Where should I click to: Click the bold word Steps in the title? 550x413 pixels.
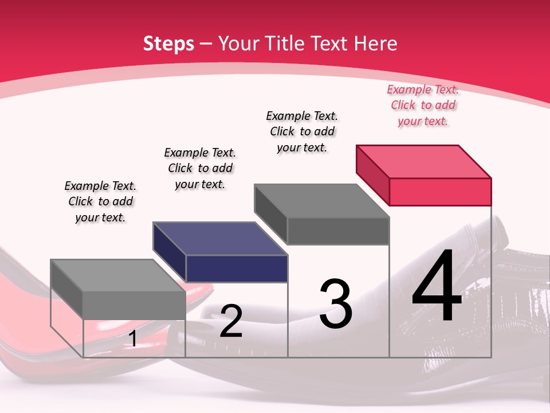pyautogui.click(x=168, y=44)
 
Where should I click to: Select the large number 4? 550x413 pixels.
pyautogui.click(x=437, y=287)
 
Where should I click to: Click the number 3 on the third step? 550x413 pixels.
pyautogui.click(x=335, y=304)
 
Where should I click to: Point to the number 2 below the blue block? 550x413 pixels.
pyautogui.click(x=231, y=321)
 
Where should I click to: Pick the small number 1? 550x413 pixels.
pyautogui.click(x=133, y=339)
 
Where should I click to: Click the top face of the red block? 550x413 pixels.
pyautogui.click(x=424, y=161)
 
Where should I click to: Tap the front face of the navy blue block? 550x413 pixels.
pyautogui.click(x=237, y=268)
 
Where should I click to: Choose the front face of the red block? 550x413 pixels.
pyautogui.click(x=440, y=192)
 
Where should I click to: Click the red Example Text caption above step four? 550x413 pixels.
pyautogui.click(x=423, y=106)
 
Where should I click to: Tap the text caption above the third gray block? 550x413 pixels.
pyautogui.click(x=302, y=131)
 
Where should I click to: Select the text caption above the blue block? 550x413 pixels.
pyautogui.click(x=200, y=169)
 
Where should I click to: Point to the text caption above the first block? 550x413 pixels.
pyautogui.click(x=100, y=202)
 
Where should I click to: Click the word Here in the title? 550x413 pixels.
pyautogui.click(x=376, y=44)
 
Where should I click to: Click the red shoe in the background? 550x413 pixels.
pyautogui.click(x=23, y=321)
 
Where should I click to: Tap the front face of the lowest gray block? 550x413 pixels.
pyautogui.click(x=134, y=305)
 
